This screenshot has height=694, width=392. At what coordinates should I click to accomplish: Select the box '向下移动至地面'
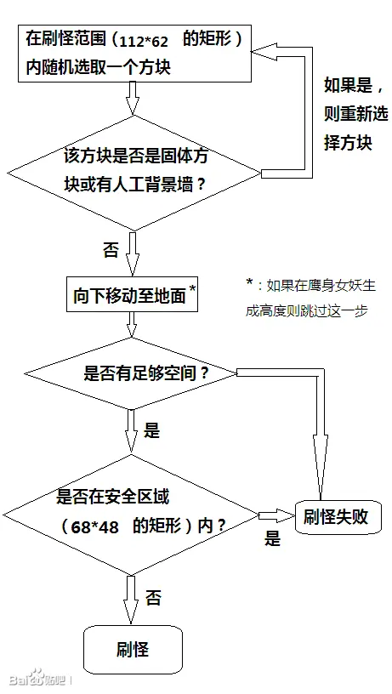(x=133, y=294)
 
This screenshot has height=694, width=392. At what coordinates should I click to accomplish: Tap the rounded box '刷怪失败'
(x=338, y=516)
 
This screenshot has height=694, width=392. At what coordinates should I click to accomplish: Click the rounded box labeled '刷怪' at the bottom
(x=134, y=649)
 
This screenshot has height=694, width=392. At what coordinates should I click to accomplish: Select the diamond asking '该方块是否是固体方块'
(x=134, y=173)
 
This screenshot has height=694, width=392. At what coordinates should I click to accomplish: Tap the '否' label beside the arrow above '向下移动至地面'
(x=111, y=251)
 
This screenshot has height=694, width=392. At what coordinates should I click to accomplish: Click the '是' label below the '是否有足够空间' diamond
(x=151, y=430)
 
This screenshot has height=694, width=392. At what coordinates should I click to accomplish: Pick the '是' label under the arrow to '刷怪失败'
(x=273, y=538)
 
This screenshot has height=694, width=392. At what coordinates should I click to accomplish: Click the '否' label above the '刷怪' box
(x=153, y=599)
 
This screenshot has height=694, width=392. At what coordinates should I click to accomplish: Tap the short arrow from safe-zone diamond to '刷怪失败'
(x=277, y=515)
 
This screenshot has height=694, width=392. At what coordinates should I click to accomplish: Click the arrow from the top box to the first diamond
(x=133, y=99)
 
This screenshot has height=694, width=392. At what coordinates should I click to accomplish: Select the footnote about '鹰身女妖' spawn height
(x=311, y=298)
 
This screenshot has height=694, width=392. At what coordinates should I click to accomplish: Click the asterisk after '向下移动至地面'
(x=192, y=288)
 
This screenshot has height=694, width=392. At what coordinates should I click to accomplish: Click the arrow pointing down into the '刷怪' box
(x=132, y=600)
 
